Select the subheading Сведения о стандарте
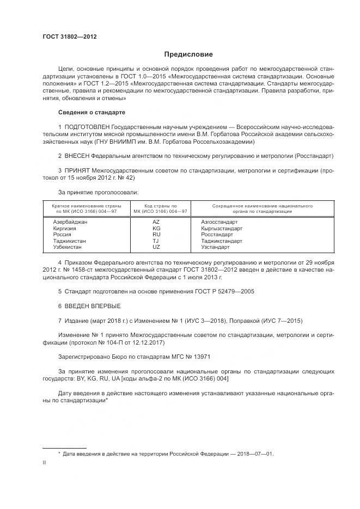(x=91, y=112)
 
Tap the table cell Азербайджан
(x=70, y=222)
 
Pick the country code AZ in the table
(x=156, y=222)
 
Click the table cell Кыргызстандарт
(x=222, y=229)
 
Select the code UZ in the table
(x=156, y=247)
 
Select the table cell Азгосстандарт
(x=219, y=222)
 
